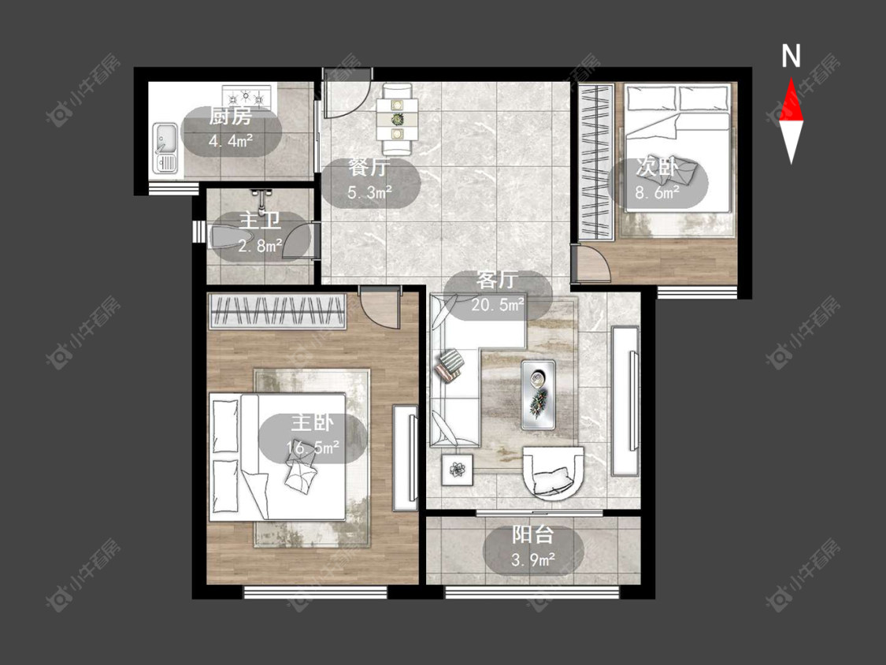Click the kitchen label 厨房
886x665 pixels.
pos(231,117)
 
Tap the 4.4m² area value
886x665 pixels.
pos(231,140)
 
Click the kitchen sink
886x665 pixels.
pos(165,148)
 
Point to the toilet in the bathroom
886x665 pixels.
pos(229,237)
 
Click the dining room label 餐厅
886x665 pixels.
pos(369,167)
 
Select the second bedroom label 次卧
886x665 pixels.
pos(657,167)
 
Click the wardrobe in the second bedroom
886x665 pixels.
pos(597,162)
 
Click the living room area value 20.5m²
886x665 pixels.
pos(498,305)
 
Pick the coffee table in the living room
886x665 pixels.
pos(538,395)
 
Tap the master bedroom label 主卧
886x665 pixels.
pos(313,422)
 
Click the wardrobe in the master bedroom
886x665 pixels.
pos(277,311)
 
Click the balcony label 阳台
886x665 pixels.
pos(533,534)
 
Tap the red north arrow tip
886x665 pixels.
pos(791,79)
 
